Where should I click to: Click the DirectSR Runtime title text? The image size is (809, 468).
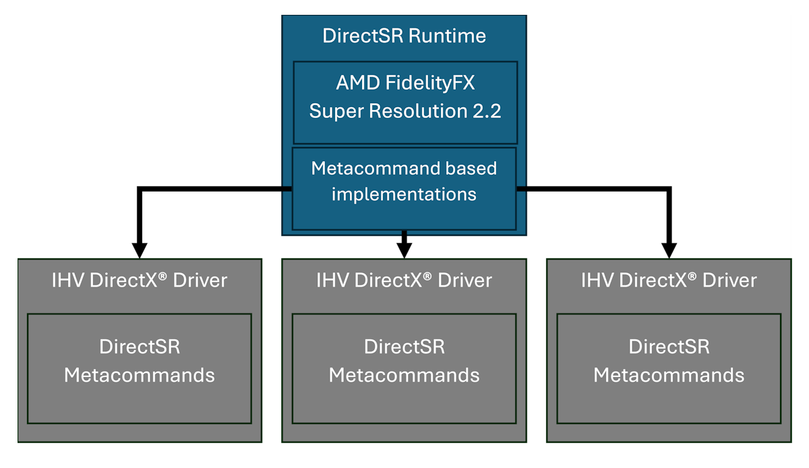coord(404,36)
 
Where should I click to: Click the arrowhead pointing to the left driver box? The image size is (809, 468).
coord(140,250)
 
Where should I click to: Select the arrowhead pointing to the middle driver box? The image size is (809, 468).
coord(404,250)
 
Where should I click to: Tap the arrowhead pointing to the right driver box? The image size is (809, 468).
coord(668,250)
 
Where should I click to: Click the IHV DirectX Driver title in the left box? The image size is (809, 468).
coord(140,281)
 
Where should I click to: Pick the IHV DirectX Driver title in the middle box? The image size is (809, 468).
coord(404,281)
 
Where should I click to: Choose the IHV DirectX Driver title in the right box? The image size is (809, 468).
coord(669,281)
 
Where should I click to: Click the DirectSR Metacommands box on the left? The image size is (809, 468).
coord(140,368)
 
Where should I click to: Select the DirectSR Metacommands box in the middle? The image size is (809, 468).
coord(404,368)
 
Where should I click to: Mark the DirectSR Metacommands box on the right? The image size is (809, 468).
coord(669,368)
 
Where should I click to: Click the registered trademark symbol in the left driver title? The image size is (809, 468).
coord(163,276)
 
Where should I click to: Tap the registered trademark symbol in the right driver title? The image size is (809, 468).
coord(692,276)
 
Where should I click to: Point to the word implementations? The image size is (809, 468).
coord(404,195)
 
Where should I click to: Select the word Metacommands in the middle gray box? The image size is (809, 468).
coord(404,376)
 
